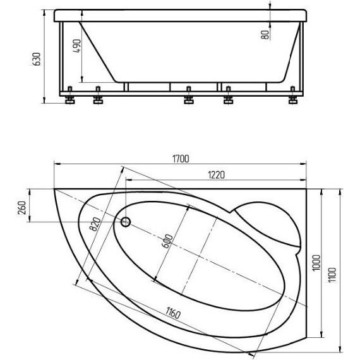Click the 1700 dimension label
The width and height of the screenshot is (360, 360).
[x=181, y=159]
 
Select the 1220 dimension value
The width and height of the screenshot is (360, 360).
[x=216, y=175]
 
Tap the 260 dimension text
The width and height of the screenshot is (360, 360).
[x=22, y=208]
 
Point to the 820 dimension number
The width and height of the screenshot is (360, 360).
[x=95, y=224]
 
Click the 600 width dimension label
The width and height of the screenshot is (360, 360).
[x=167, y=241]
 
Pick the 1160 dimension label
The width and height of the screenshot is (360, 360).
[x=173, y=313]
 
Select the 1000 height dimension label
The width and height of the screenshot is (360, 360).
[x=316, y=263]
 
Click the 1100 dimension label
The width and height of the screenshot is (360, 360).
[x=332, y=275]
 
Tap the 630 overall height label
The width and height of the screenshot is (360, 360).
[x=37, y=59]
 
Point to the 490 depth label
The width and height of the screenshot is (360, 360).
[x=76, y=46]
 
